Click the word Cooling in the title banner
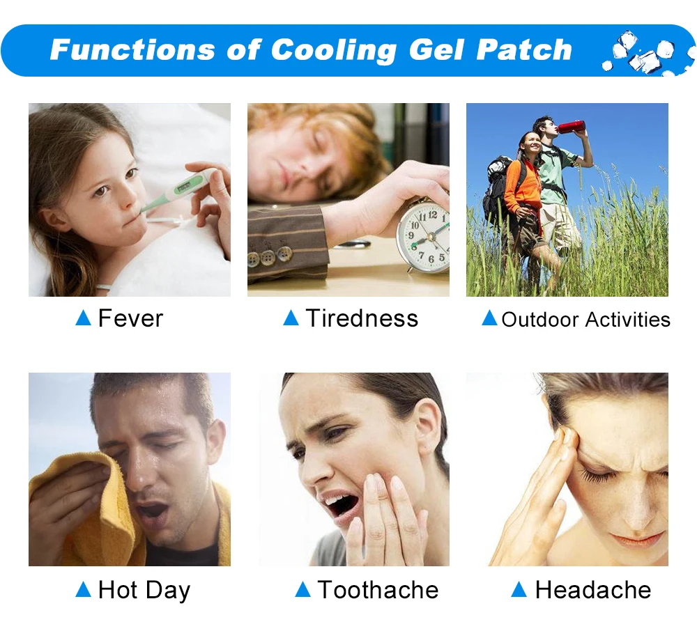(333, 50)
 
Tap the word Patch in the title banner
(524, 49)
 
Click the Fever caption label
(130, 318)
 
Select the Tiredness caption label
(362, 318)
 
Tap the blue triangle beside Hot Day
(84, 589)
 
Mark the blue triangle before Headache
(519, 589)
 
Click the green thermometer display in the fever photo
(185, 187)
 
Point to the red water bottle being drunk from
(572, 126)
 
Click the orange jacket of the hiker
(523, 186)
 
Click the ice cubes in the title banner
(645, 54)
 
